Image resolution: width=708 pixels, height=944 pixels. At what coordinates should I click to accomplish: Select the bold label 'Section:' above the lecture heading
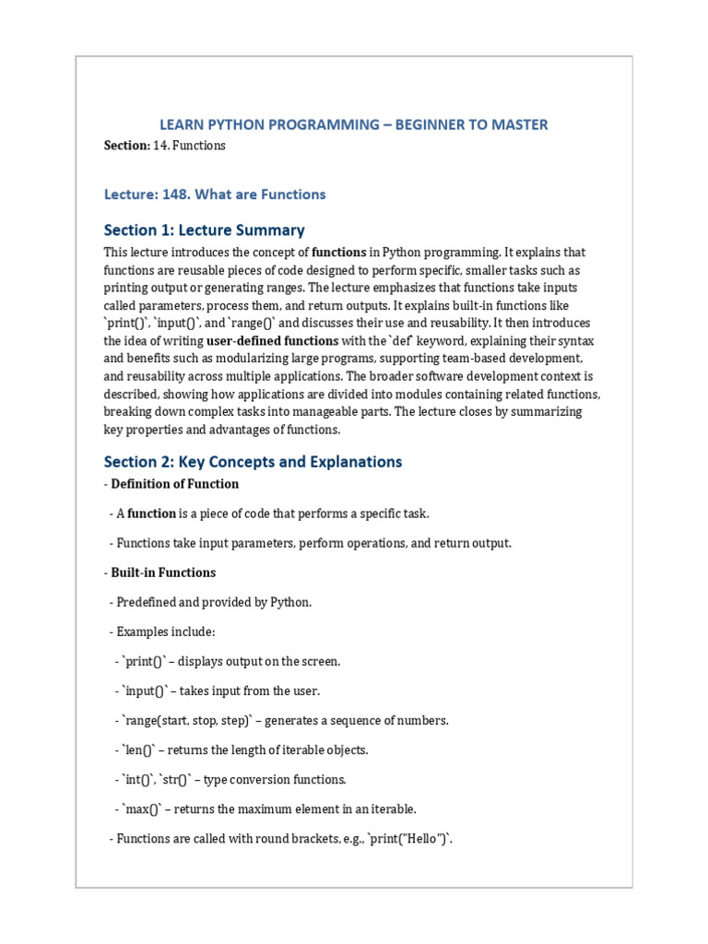tap(126, 146)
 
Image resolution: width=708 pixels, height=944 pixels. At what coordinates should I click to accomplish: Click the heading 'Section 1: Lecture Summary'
tap(204, 230)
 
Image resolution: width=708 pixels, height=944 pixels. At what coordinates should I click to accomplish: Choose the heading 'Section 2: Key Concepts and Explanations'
tap(253, 461)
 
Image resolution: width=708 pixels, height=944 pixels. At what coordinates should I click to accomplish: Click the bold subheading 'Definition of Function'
tap(174, 484)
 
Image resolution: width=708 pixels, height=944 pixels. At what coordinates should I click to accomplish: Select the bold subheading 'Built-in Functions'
tap(163, 572)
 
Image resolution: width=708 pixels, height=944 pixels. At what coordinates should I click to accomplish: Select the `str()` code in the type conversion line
tap(176, 780)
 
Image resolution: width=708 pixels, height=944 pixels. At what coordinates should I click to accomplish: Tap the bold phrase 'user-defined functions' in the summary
tap(272, 341)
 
